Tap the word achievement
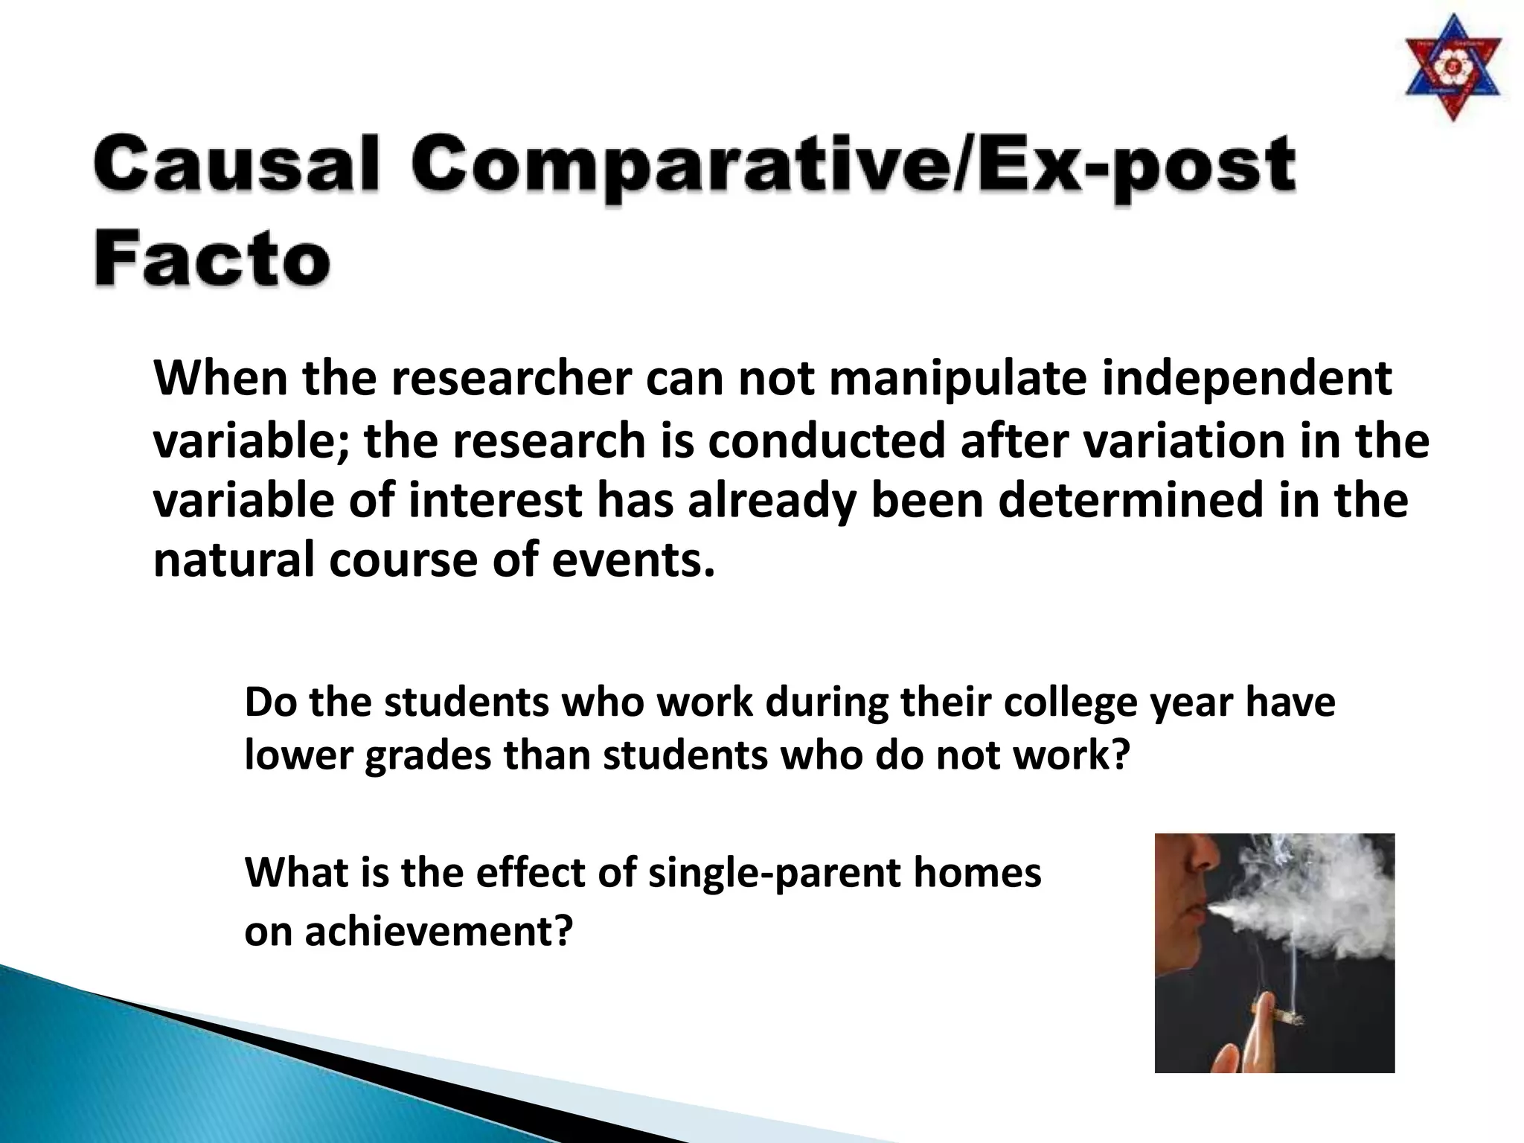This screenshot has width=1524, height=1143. (439, 931)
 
